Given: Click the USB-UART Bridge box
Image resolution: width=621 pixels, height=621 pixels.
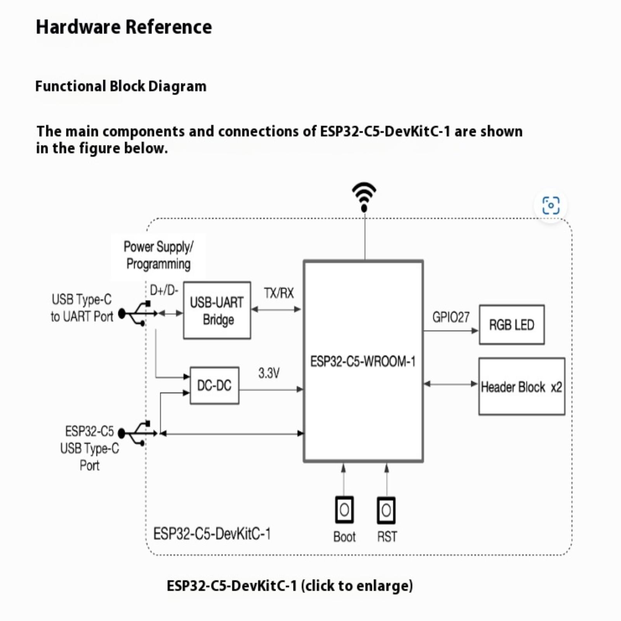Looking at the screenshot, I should pos(217,310).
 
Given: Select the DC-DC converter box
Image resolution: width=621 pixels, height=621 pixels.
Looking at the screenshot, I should pos(214,385).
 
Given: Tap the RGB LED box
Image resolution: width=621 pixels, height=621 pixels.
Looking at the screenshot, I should pos(512,325).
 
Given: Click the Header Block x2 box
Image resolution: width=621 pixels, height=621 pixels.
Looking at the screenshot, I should pos(522,387).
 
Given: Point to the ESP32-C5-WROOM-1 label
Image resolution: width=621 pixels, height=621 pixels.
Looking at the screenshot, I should pos(363,362).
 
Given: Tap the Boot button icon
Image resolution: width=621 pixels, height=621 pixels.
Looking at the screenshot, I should pos(344,510).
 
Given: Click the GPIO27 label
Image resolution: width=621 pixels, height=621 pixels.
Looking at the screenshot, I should pos(451,317).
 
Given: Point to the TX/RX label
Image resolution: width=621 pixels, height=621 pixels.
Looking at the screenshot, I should pos(279,293).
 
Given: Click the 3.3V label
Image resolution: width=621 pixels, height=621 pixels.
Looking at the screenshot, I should pos(269,373).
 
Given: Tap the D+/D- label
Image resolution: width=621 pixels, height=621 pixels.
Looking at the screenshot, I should pos(164,290).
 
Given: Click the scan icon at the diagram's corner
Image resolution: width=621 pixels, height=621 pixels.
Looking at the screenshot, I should pos(551,205).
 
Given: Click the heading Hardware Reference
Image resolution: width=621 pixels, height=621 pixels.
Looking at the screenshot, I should pos(124,27).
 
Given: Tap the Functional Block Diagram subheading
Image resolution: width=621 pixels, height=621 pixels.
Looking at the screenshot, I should pos(121,86).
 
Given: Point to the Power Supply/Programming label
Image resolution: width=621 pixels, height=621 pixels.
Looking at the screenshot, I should pos(158,255).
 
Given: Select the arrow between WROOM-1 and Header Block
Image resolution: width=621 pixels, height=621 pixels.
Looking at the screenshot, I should pos(451,384).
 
